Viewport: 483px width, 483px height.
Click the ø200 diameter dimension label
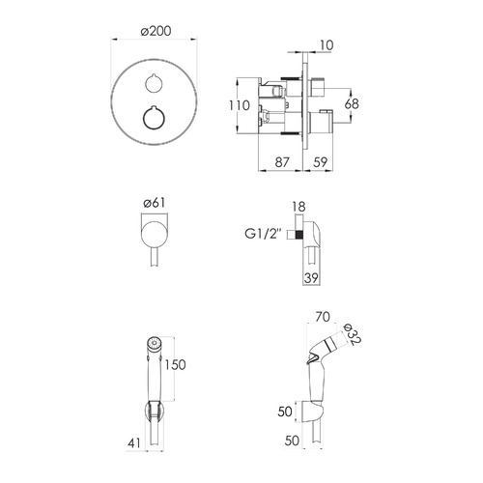point(156,31)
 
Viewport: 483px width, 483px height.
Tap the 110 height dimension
point(239,105)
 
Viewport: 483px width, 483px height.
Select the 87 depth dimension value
point(282,162)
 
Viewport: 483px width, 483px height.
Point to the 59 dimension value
point(320,162)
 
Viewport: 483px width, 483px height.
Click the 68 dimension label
point(352,104)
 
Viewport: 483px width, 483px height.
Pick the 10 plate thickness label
point(327,45)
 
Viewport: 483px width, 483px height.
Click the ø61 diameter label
point(155,203)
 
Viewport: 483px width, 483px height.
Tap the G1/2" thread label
point(263,234)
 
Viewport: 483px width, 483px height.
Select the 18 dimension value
point(298,207)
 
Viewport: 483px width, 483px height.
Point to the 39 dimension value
point(311,278)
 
